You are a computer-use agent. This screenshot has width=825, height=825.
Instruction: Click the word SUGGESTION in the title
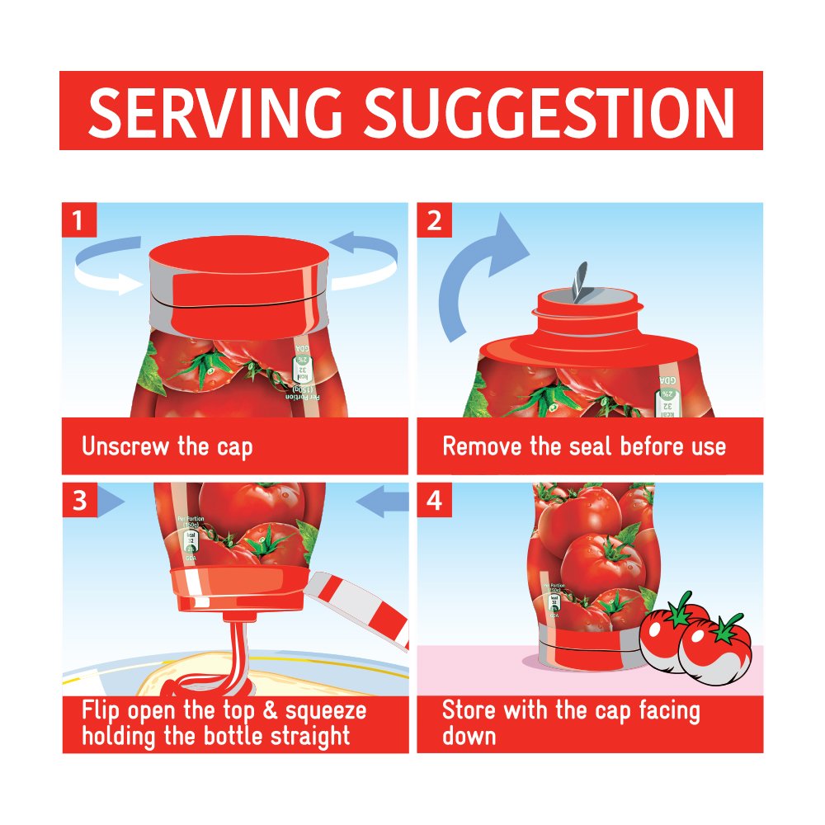coord(549,111)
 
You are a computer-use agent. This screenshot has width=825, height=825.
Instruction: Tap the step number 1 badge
coord(79,221)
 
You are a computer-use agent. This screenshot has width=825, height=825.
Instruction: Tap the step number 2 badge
coord(434,221)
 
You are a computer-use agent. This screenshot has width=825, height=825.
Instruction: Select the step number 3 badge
coord(79,501)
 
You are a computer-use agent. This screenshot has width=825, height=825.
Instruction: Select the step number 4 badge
coord(434,501)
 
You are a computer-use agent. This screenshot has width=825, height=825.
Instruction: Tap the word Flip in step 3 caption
coord(102,711)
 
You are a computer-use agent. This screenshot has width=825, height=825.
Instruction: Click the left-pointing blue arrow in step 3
coord(384,501)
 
